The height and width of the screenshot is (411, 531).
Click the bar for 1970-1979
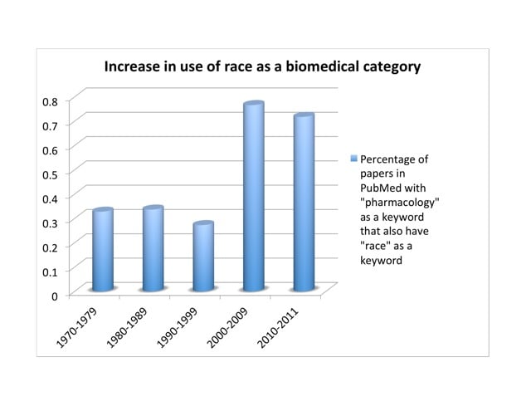102,249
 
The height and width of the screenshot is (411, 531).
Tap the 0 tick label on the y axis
54,295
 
